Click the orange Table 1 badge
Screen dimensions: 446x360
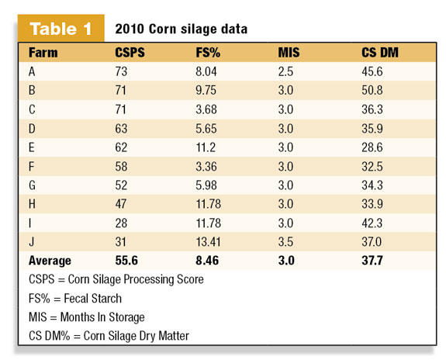(61, 28)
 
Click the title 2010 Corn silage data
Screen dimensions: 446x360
(182, 29)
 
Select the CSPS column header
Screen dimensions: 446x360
(130, 53)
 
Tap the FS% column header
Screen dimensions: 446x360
(208, 53)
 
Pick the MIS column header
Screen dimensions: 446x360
(289, 53)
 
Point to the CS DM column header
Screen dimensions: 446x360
(380, 53)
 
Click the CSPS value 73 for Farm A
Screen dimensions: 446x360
(121, 71)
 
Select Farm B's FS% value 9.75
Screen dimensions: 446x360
(206, 90)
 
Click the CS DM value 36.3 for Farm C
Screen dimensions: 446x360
(372, 109)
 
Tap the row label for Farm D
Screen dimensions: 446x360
(32, 129)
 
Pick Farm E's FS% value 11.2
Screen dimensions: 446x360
(206, 147)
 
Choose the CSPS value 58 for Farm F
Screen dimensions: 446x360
(121, 167)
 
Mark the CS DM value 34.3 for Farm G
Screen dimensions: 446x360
(372, 185)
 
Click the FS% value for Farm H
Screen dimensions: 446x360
(208, 204)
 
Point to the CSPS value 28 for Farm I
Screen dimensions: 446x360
(121, 223)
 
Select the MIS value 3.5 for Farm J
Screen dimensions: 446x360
(285, 242)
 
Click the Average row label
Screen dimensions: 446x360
(50, 261)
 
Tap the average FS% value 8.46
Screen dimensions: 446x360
(207, 261)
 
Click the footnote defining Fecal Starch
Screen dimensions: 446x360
(75, 299)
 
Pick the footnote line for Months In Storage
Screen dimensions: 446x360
(87, 317)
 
